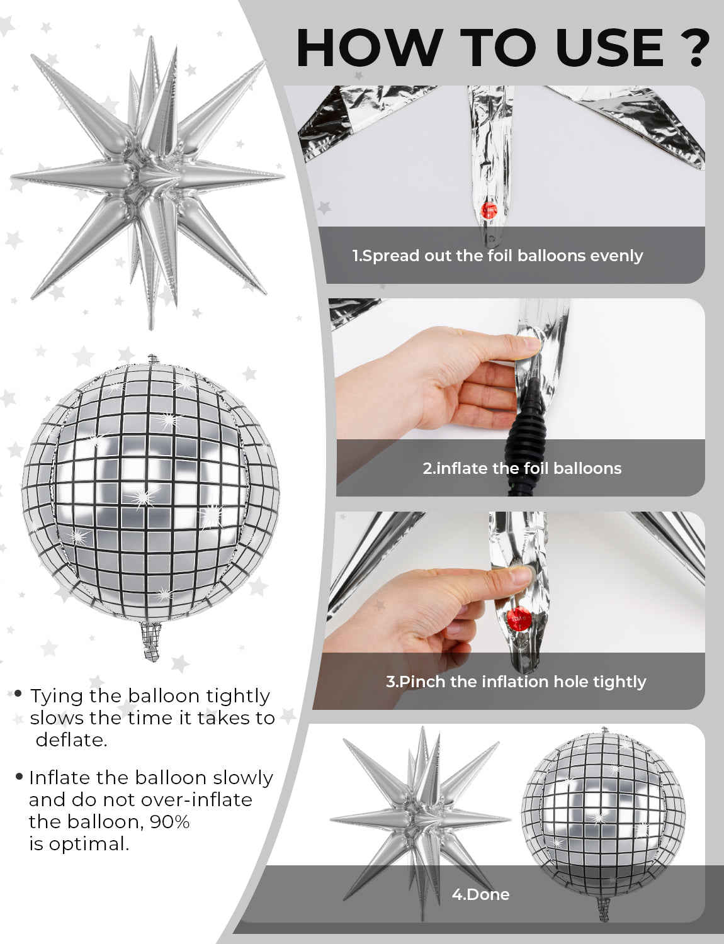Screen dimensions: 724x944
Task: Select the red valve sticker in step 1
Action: click(489, 210)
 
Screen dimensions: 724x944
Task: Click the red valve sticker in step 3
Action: click(518, 617)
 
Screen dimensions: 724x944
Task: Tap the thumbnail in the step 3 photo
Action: click(521, 576)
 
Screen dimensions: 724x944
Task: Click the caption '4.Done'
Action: click(480, 894)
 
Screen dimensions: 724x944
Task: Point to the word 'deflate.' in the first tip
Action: click(71, 740)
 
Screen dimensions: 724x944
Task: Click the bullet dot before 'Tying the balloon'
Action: click(18, 694)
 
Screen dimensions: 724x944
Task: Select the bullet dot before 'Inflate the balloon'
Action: click(19, 776)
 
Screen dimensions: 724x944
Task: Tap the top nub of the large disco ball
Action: click(152, 359)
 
